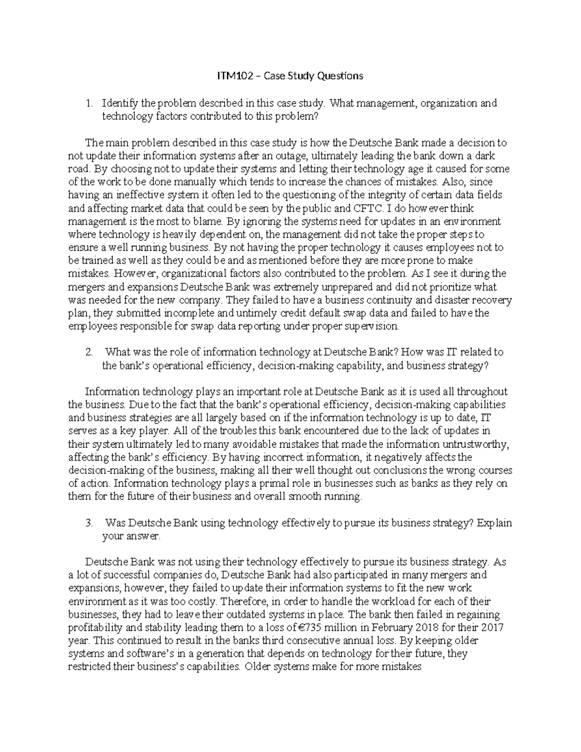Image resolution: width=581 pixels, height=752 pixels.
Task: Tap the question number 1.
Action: pyautogui.click(x=88, y=103)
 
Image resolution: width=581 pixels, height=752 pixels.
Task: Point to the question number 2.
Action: pyautogui.click(x=88, y=352)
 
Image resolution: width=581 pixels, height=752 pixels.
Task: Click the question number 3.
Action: pyautogui.click(x=88, y=523)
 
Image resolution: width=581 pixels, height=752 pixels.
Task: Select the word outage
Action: pyautogui.click(x=292, y=156)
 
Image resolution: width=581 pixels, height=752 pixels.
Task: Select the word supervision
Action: pyautogui.click(x=376, y=326)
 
